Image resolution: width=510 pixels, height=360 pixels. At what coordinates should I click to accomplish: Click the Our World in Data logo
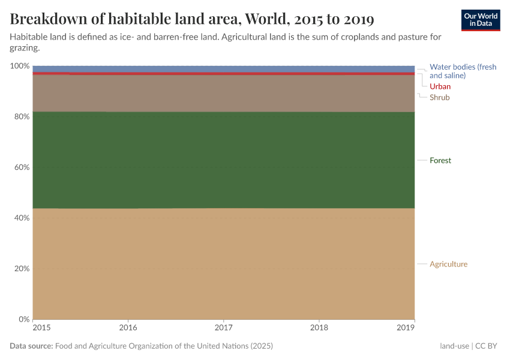pos(480,20)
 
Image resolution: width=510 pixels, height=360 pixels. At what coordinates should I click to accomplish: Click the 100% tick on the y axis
pos(19,65)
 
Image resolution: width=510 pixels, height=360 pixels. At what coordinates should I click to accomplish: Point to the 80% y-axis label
pos(21,116)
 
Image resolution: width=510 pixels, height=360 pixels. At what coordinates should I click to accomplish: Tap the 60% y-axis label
pos(21,167)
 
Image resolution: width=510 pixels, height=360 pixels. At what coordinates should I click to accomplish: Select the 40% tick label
pos(21,218)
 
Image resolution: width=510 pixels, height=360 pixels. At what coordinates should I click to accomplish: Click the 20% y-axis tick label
pos(21,268)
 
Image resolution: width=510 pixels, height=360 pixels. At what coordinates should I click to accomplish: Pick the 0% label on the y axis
pos(23,319)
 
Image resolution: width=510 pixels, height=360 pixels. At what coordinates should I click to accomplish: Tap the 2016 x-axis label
pos(128,328)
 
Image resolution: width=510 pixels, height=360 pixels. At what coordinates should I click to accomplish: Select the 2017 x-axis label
pos(223,328)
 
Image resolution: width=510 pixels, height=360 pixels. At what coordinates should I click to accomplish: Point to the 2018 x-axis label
pos(319,328)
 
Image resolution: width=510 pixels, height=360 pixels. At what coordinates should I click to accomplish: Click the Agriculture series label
pos(448,264)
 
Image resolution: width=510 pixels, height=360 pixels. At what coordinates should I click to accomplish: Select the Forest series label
pos(440,160)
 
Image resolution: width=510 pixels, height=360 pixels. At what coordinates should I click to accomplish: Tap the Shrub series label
pos(439,97)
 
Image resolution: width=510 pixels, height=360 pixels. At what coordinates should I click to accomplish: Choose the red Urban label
pos(440,86)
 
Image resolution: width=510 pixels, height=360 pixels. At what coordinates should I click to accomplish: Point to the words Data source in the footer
pos(31,346)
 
